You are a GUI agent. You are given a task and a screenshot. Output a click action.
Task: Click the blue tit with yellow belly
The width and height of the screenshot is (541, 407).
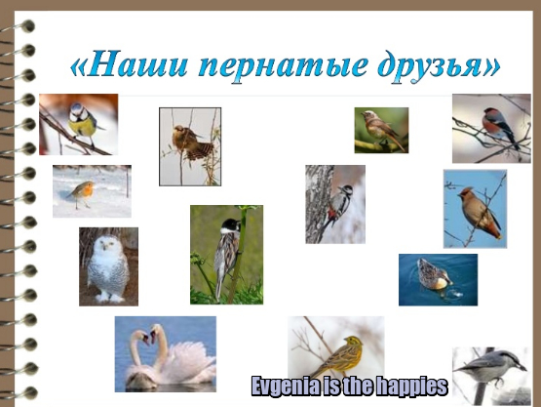coord(83,123)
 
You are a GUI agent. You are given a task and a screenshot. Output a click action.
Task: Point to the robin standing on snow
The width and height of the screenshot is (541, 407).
coord(83,193)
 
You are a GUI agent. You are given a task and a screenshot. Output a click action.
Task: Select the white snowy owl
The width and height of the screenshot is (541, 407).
coord(107,268)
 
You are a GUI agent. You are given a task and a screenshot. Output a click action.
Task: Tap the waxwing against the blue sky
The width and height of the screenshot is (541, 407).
coord(479,212)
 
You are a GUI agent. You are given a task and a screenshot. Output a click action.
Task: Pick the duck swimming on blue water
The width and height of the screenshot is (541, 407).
coord(434,275)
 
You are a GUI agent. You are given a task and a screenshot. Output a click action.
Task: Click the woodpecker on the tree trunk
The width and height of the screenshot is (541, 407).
coord(338,206)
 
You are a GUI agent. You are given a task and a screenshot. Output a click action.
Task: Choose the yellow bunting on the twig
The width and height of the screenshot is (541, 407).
coord(341,355)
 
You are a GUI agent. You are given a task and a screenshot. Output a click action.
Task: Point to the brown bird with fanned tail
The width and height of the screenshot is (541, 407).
coord(190,142)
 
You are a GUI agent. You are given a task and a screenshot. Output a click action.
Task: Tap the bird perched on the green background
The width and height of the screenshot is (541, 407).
coord(382,129)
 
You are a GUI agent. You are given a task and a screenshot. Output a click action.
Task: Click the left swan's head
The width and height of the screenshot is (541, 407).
coord(141,337)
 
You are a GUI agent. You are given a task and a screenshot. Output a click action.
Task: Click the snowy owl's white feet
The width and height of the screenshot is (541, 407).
coord(110,297)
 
